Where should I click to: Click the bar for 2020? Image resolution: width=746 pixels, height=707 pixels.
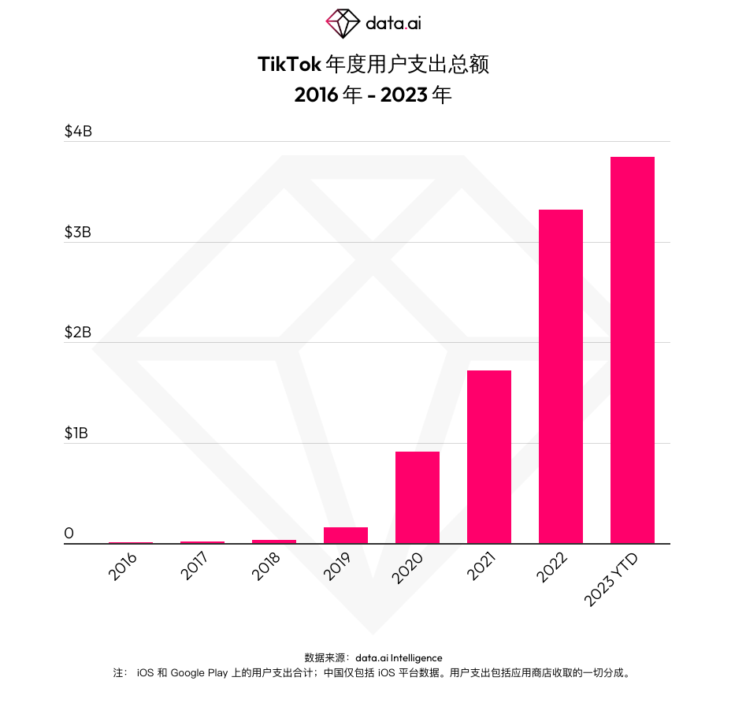(x=417, y=497)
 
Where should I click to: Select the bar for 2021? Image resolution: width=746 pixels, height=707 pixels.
(x=488, y=457)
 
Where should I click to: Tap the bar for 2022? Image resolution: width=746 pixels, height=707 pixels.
(x=560, y=377)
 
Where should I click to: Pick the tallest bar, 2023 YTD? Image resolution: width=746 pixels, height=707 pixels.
(x=632, y=350)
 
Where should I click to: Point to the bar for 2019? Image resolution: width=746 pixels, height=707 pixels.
(x=345, y=535)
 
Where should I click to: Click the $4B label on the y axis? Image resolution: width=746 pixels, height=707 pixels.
(x=78, y=131)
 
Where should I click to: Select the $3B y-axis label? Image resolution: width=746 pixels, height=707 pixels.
(x=78, y=232)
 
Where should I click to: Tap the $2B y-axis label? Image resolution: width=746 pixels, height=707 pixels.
(x=78, y=332)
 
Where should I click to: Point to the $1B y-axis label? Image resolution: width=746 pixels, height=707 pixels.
(x=77, y=433)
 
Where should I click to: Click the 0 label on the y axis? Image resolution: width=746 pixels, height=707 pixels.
(x=69, y=534)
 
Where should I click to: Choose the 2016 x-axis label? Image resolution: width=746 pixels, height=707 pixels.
(x=124, y=567)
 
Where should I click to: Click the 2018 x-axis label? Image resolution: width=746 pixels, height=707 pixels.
(x=267, y=567)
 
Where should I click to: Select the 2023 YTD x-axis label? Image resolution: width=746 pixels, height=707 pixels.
(x=613, y=579)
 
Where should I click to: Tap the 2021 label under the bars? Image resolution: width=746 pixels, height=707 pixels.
(x=481, y=567)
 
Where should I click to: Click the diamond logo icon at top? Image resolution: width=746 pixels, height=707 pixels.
(x=343, y=23)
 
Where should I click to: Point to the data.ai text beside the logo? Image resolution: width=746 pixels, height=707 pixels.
(x=393, y=24)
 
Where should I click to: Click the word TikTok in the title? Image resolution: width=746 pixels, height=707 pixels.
(x=289, y=65)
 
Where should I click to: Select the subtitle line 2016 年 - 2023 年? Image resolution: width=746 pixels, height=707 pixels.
(x=373, y=95)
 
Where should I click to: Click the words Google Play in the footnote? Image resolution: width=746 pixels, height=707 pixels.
(x=199, y=673)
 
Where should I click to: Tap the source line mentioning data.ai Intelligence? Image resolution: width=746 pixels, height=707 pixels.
(x=373, y=657)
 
